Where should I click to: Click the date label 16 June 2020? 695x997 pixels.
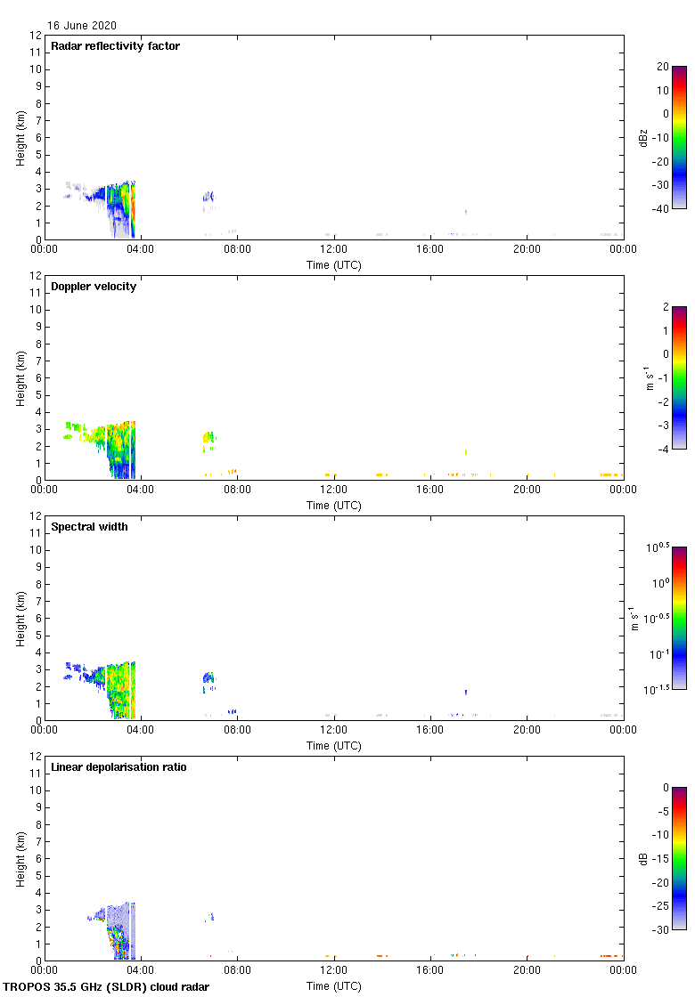(81, 26)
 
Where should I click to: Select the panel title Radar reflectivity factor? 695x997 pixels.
(115, 46)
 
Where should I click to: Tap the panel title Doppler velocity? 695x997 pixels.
(94, 287)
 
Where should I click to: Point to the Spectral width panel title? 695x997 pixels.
(89, 527)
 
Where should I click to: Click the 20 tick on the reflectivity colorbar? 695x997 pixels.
(662, 67)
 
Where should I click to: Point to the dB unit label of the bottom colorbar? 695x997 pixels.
(642, 858)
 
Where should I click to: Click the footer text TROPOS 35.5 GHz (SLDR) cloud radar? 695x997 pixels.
(106, 986)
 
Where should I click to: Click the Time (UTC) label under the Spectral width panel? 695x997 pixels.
(333, 745)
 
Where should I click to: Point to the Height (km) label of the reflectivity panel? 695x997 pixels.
(20, 137)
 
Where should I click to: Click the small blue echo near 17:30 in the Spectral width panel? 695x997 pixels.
(465, 692)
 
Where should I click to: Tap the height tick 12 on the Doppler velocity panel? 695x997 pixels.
(36, 276)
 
